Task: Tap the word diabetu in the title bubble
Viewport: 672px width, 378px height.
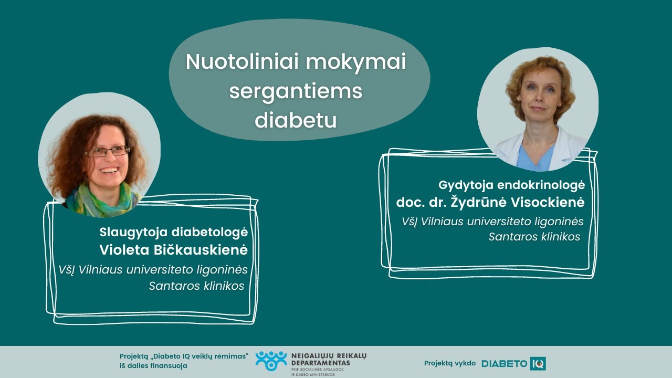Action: coord(296,120)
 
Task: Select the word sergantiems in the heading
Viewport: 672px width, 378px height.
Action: coord(296,91)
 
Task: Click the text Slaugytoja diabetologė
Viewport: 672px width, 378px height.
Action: coord(173,232)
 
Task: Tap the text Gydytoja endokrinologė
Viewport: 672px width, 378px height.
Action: coord(511,185)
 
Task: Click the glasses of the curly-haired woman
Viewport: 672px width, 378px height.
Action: coord(106,151)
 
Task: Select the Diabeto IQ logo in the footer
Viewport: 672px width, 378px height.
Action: coord(513,363)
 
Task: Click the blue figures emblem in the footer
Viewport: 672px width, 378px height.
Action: coord(271,361)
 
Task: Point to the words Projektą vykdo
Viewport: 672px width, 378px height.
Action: coord(450,363)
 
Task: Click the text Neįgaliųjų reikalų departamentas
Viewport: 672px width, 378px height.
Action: coord(328,360)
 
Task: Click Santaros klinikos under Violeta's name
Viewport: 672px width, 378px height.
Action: coord(196,286)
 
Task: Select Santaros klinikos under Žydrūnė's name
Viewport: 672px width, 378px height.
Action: coord(534,237)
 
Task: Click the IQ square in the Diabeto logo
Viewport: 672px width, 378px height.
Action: coord(538,363)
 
